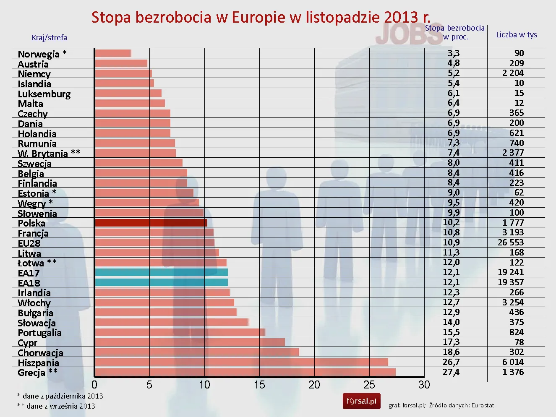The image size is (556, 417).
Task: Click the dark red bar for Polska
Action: [x=151, y=223]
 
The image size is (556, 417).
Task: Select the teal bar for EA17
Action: [x=161, y=272]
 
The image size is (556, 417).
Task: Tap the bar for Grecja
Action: [x=245, y=372]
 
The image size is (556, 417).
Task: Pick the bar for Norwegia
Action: [x=113, y=53]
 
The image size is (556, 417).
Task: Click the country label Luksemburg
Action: [x=44, y=94]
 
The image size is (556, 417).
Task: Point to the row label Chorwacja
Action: [x=40, y=353]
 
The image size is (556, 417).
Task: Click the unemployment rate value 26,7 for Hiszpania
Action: [x=451, y=362]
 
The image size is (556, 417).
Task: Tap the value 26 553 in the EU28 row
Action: [x=511, y=242]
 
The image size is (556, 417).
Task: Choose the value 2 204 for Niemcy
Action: [x=513, y=73]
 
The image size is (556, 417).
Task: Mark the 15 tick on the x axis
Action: [x=259, y=385]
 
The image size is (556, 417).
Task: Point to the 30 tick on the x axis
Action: [x=424, y=385]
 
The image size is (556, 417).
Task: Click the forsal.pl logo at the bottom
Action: [x=361, y=401]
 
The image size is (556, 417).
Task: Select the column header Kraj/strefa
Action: [x=49, y=37]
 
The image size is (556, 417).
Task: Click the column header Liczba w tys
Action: [x=516, y=35]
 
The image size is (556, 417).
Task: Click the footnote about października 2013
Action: [x=60, y=396]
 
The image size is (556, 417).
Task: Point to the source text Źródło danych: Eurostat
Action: [x=461, y=405]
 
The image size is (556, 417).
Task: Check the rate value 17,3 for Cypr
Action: [x=451, y=342]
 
